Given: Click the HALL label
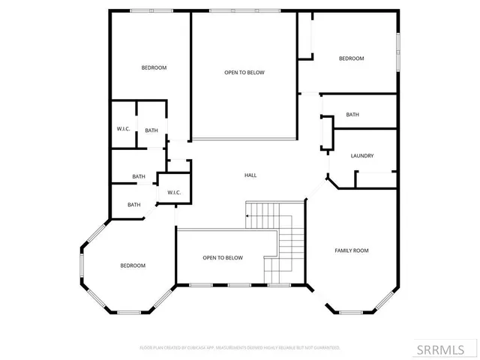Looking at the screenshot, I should (250, 175).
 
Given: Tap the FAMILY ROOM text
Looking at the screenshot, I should (351, 250).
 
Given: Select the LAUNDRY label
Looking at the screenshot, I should (362, 156).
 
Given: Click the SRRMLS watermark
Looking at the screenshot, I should (446, 349).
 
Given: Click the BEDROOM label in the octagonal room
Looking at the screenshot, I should (133, 265).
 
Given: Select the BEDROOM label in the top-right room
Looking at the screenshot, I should (351, 58).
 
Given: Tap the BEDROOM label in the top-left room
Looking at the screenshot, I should (154, 67).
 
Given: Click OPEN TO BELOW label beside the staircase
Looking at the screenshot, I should (223, 257).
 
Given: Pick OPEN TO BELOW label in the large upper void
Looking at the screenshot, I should (244, 73).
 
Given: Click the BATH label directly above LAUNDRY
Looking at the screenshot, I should (352, 115).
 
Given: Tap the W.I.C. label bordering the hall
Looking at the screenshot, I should (174, 192).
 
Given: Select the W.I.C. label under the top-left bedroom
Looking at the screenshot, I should (124, 129).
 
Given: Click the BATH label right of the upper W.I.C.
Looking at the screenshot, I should (151, 130).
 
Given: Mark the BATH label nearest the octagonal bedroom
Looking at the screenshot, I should (133, 205).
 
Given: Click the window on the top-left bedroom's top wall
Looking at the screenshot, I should (142, 10).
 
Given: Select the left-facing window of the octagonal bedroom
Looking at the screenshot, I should (82, 265).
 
